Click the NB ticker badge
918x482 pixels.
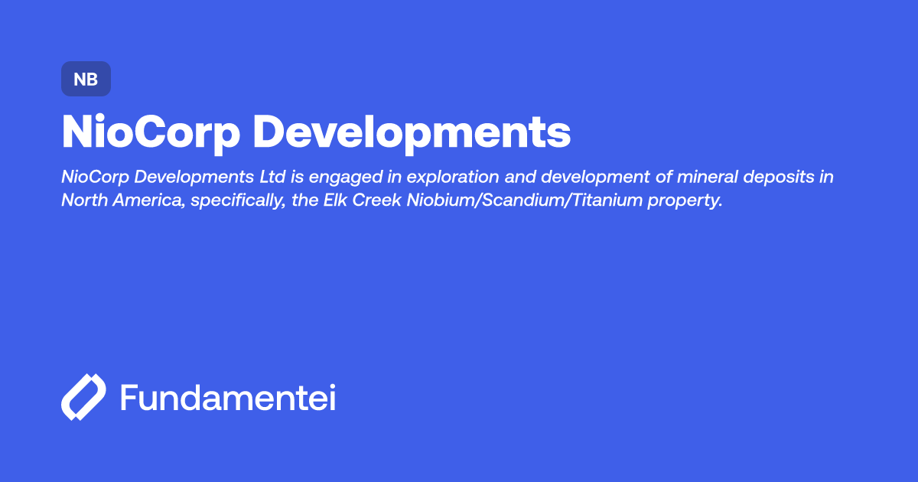86,79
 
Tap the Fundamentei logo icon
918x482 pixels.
83,398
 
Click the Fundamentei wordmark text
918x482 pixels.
228,399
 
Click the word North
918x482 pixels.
82,200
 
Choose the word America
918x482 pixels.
142,200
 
